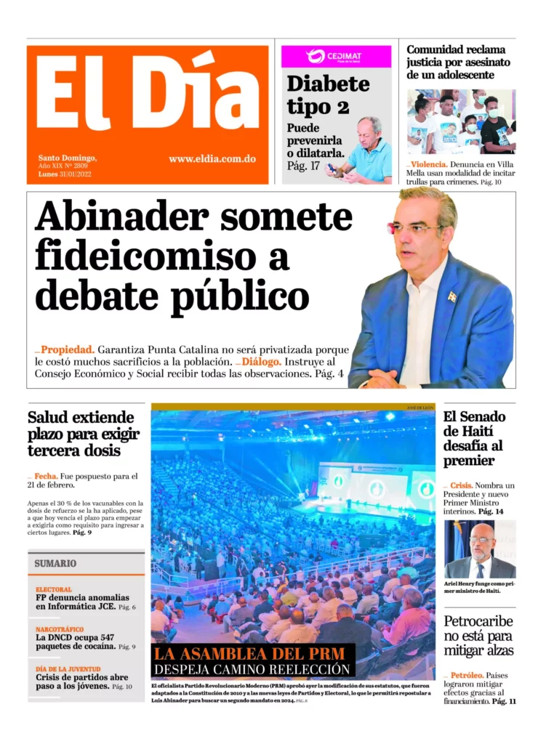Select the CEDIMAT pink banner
336,56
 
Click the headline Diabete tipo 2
327,95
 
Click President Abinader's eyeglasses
415,228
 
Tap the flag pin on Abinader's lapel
451,296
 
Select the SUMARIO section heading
55,563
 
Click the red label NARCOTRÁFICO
60,629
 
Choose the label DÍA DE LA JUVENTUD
69,668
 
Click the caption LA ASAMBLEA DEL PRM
252,653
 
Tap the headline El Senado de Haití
473,438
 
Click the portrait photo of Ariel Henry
480,549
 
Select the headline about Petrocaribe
478,635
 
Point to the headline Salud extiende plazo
81,434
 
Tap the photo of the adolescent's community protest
461,121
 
